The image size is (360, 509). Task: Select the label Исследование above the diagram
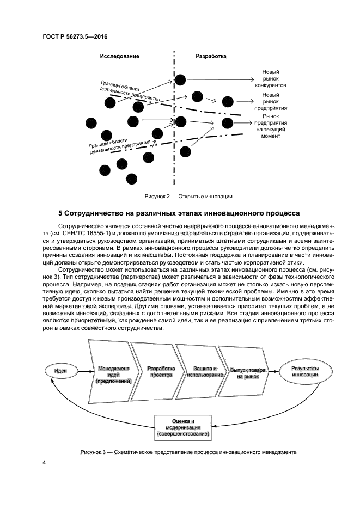click(x=119, y=56)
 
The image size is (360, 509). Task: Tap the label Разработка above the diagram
click(x=211, y=56)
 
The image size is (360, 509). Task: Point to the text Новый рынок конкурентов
click(x=270, y=78)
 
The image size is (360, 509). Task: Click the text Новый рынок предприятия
click(x=270, y=101)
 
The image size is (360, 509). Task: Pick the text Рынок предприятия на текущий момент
click(x=270, y=126)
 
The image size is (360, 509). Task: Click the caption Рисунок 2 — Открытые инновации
click(x=188, y=196)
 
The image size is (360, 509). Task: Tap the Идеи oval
click(x=61, y=371)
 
